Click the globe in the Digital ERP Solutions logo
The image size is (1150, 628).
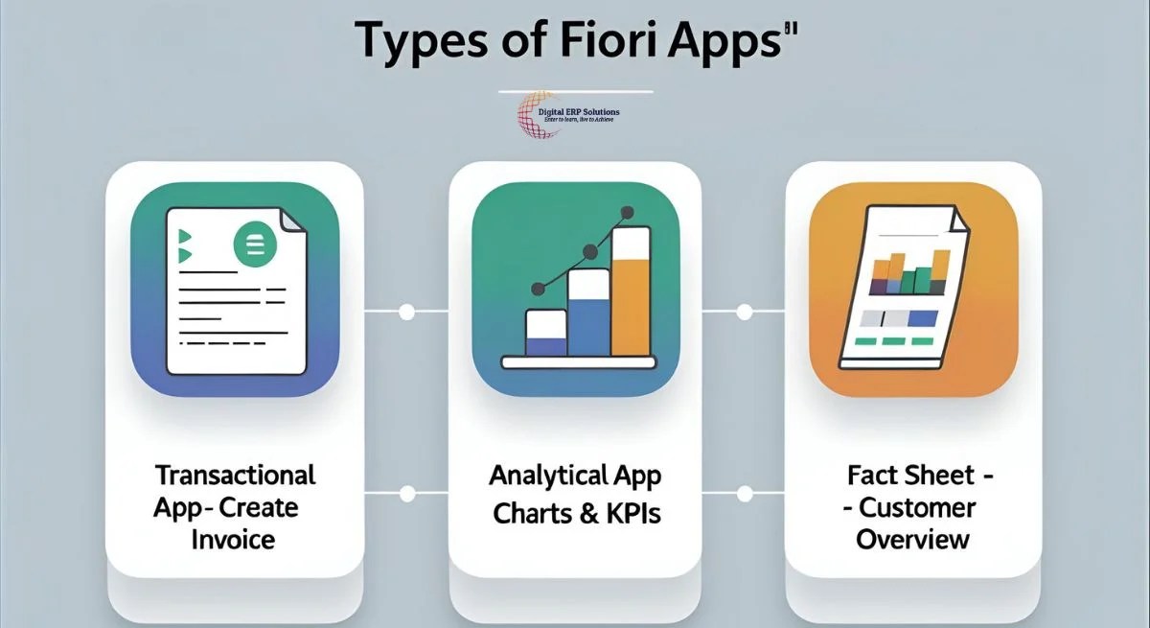tap(537, 116)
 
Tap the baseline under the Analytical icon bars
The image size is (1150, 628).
tap(578, 362)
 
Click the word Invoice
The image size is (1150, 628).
tap(233, 539)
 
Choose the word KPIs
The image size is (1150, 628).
tap(632, 513)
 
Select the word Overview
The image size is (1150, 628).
tap(912, 539)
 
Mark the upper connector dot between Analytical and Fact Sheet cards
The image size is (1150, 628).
tap(744, 313)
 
